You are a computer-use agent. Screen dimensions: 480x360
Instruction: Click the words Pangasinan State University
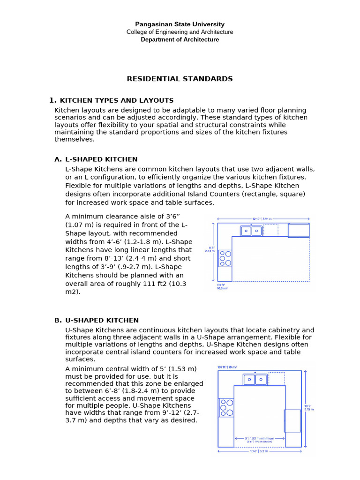180,24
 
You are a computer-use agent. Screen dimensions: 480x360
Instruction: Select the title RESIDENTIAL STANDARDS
180,79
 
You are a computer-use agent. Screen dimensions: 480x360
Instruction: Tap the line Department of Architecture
180,40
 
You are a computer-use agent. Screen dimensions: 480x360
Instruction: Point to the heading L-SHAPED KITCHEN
101,159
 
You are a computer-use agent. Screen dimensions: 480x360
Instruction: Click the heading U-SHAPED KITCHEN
102,320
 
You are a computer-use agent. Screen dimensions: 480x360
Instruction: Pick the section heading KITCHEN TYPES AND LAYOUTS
117,100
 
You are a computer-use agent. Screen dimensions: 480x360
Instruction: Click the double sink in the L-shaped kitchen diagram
251,231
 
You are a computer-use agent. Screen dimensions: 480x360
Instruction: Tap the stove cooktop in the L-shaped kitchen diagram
225,258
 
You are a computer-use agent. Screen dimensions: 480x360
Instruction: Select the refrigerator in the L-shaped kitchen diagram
298,231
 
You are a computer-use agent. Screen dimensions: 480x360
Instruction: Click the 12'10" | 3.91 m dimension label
262,218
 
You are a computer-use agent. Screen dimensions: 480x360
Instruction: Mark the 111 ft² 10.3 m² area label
222,286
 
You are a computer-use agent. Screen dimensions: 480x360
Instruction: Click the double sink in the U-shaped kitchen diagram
255,379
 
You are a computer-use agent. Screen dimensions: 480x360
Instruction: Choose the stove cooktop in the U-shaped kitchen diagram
226,407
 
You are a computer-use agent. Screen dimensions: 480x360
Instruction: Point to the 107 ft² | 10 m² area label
227,367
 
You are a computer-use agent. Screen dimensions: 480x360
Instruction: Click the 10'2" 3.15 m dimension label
309,407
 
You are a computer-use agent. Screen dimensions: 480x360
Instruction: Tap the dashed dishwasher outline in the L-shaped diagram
270,230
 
